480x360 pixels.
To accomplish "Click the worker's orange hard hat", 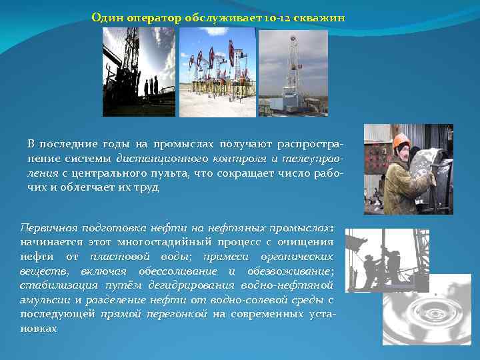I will pos(401,141).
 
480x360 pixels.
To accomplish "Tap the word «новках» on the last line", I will pos(38,329).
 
